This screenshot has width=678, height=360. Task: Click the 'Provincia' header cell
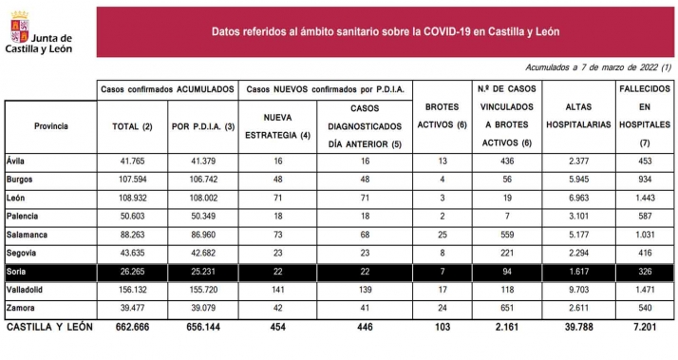pos(50,125)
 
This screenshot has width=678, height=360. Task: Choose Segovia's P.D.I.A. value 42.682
pos(201,254)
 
